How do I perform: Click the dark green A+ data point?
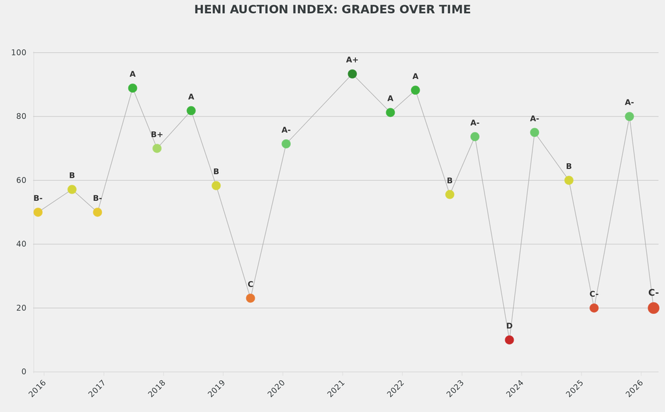pyautogui.click(x=352, y=74)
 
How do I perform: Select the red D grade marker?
pyautogui.click(x=509, y=340)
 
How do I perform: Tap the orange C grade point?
pyautogui.click(x=251, y=298)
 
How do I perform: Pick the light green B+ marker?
pyautogui.click(x=157, y=148)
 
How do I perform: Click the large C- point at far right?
pyautogui.click(x=653, y=308)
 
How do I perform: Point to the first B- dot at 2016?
pyautogui.click(x=38, y=212)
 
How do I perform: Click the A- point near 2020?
pyautogui.click(x=286, y=144)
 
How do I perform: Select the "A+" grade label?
pyautogui.click(x=352, y=60)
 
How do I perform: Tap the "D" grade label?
pyautogui.click(x=509, y=326)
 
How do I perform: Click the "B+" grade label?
pyautogui.click(x=157, y=135)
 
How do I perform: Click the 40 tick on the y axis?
pyautogui.click(x=21, y=244)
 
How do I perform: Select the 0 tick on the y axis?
pyautogui.click(x=24, y=372)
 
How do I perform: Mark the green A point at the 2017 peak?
pyautogui.click(x=132, y=88)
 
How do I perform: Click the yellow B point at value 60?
pyautogui.click(x=569, y=180)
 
